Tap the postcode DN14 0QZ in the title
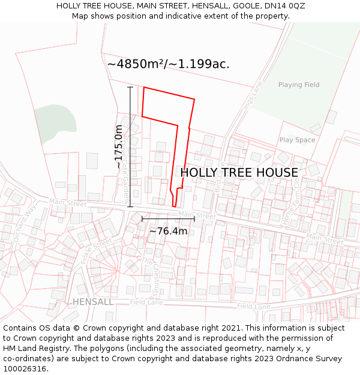pos(283,5)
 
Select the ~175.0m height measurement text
pos(119,146)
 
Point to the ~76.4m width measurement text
pos(168,231)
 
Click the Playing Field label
pos(299,85)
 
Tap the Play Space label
pos(297,140)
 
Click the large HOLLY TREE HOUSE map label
pos(239,173)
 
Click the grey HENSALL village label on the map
pos(92,302)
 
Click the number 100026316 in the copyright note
pos(25,369)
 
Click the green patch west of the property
pos(55,118)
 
